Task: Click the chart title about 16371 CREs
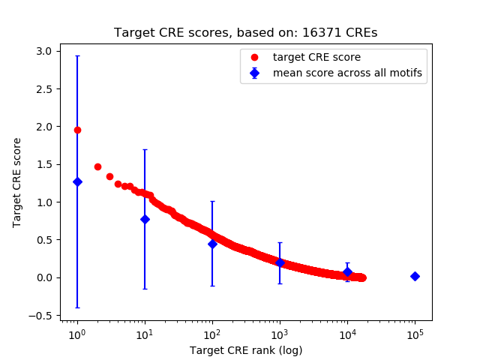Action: tap(245, 33)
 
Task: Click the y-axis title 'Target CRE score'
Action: tap(17, 183)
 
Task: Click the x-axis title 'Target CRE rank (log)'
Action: tap(245, 349)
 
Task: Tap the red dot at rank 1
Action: tap(77, 130)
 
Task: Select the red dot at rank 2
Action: tap(97, 166)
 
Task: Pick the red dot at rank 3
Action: tap(109, 176)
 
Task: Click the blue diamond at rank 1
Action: tap(77, 181)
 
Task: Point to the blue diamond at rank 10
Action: tap(145, 219)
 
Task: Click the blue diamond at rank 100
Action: tap(212, 244)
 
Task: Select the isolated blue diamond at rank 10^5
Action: tap(415, 276)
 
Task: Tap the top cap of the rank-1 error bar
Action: tap(77, 55)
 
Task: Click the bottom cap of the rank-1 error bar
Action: tap(77, 307)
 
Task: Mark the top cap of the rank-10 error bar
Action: tap(145, 149)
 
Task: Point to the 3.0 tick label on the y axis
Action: tap(43, 51)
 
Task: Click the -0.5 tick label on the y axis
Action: tap(40, 315)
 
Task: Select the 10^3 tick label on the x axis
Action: tap(280, 334)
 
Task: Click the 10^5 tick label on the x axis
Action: tap(415, 334)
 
